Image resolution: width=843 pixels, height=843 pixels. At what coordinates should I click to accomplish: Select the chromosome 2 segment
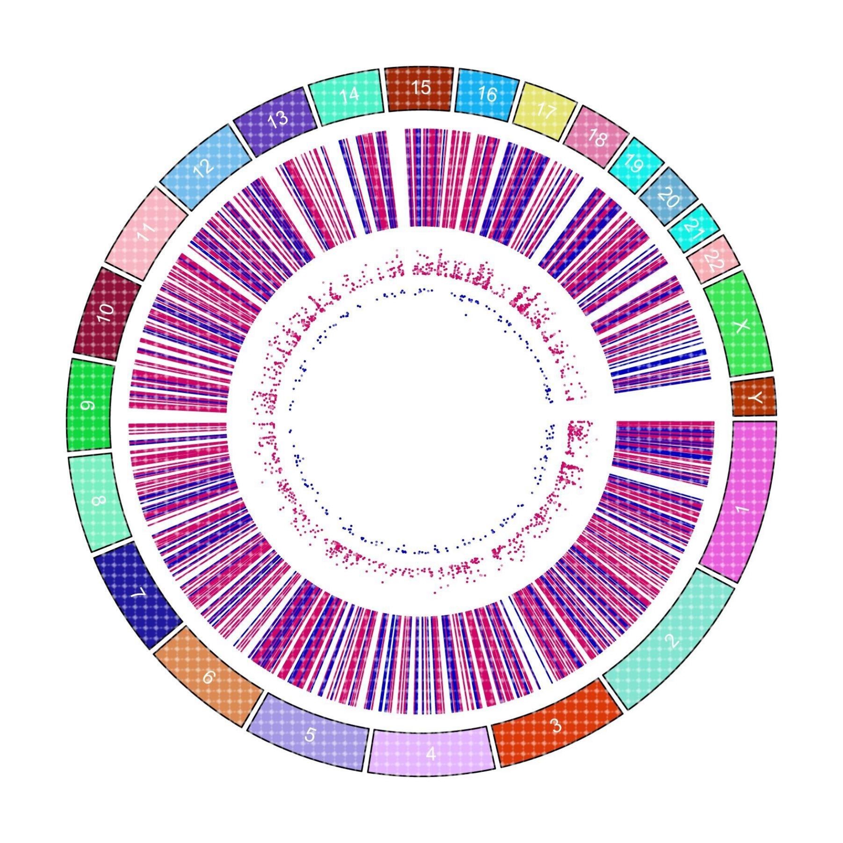point(673,643)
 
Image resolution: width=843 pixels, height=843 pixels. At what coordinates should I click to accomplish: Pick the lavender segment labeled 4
point(431,753)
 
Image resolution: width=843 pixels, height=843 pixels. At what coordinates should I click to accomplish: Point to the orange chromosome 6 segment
point(208,676)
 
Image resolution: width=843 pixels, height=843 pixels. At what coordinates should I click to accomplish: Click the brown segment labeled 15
point(420,88)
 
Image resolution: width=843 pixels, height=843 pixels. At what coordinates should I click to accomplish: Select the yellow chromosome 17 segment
point(545,111)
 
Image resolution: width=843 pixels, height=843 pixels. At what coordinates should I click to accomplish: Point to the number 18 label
point(597,139)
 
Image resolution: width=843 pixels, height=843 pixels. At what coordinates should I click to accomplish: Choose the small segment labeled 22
point(714,259)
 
